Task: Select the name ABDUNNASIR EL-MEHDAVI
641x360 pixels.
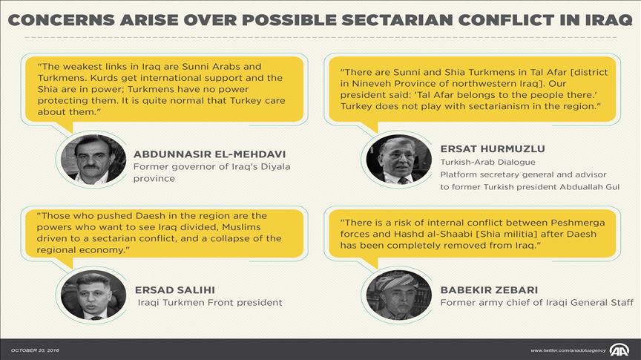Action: [x=210, y=154]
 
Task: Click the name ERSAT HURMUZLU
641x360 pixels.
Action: [x=493, y=149]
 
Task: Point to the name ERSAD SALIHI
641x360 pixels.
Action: [x=175, y=290]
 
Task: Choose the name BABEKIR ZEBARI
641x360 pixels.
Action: [x=489, y=290]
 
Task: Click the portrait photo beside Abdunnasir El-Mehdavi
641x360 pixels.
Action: [x=93, y=160]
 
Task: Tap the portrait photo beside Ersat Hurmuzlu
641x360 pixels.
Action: [x=398, y=160]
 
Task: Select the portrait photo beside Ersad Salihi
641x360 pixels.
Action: [x=93, y=295]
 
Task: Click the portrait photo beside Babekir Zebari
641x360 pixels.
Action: [x=398, y=295]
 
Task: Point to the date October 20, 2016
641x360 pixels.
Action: [x=35, y=350]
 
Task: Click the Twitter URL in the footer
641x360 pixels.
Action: [x=568, y=350]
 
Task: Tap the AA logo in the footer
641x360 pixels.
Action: [x=619, y=350]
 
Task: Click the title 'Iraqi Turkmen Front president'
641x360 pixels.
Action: [x=210, y=303]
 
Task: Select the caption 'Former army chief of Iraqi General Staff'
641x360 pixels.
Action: [x=536, y=303]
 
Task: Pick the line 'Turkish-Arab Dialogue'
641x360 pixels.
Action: [x=487, y=162]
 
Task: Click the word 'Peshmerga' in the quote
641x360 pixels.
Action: [x=578, y=223]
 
